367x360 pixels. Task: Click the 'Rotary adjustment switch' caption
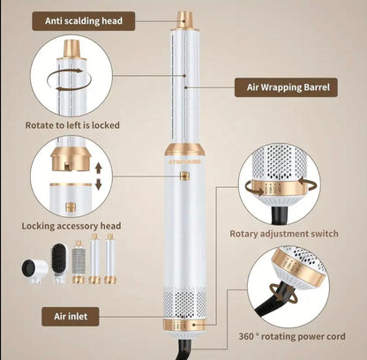[283, 234]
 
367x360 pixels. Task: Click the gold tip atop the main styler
[185, 19]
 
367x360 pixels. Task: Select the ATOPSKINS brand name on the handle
[184, 161]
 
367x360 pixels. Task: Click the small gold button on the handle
[184, 176]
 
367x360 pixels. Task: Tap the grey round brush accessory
[78, 263]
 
